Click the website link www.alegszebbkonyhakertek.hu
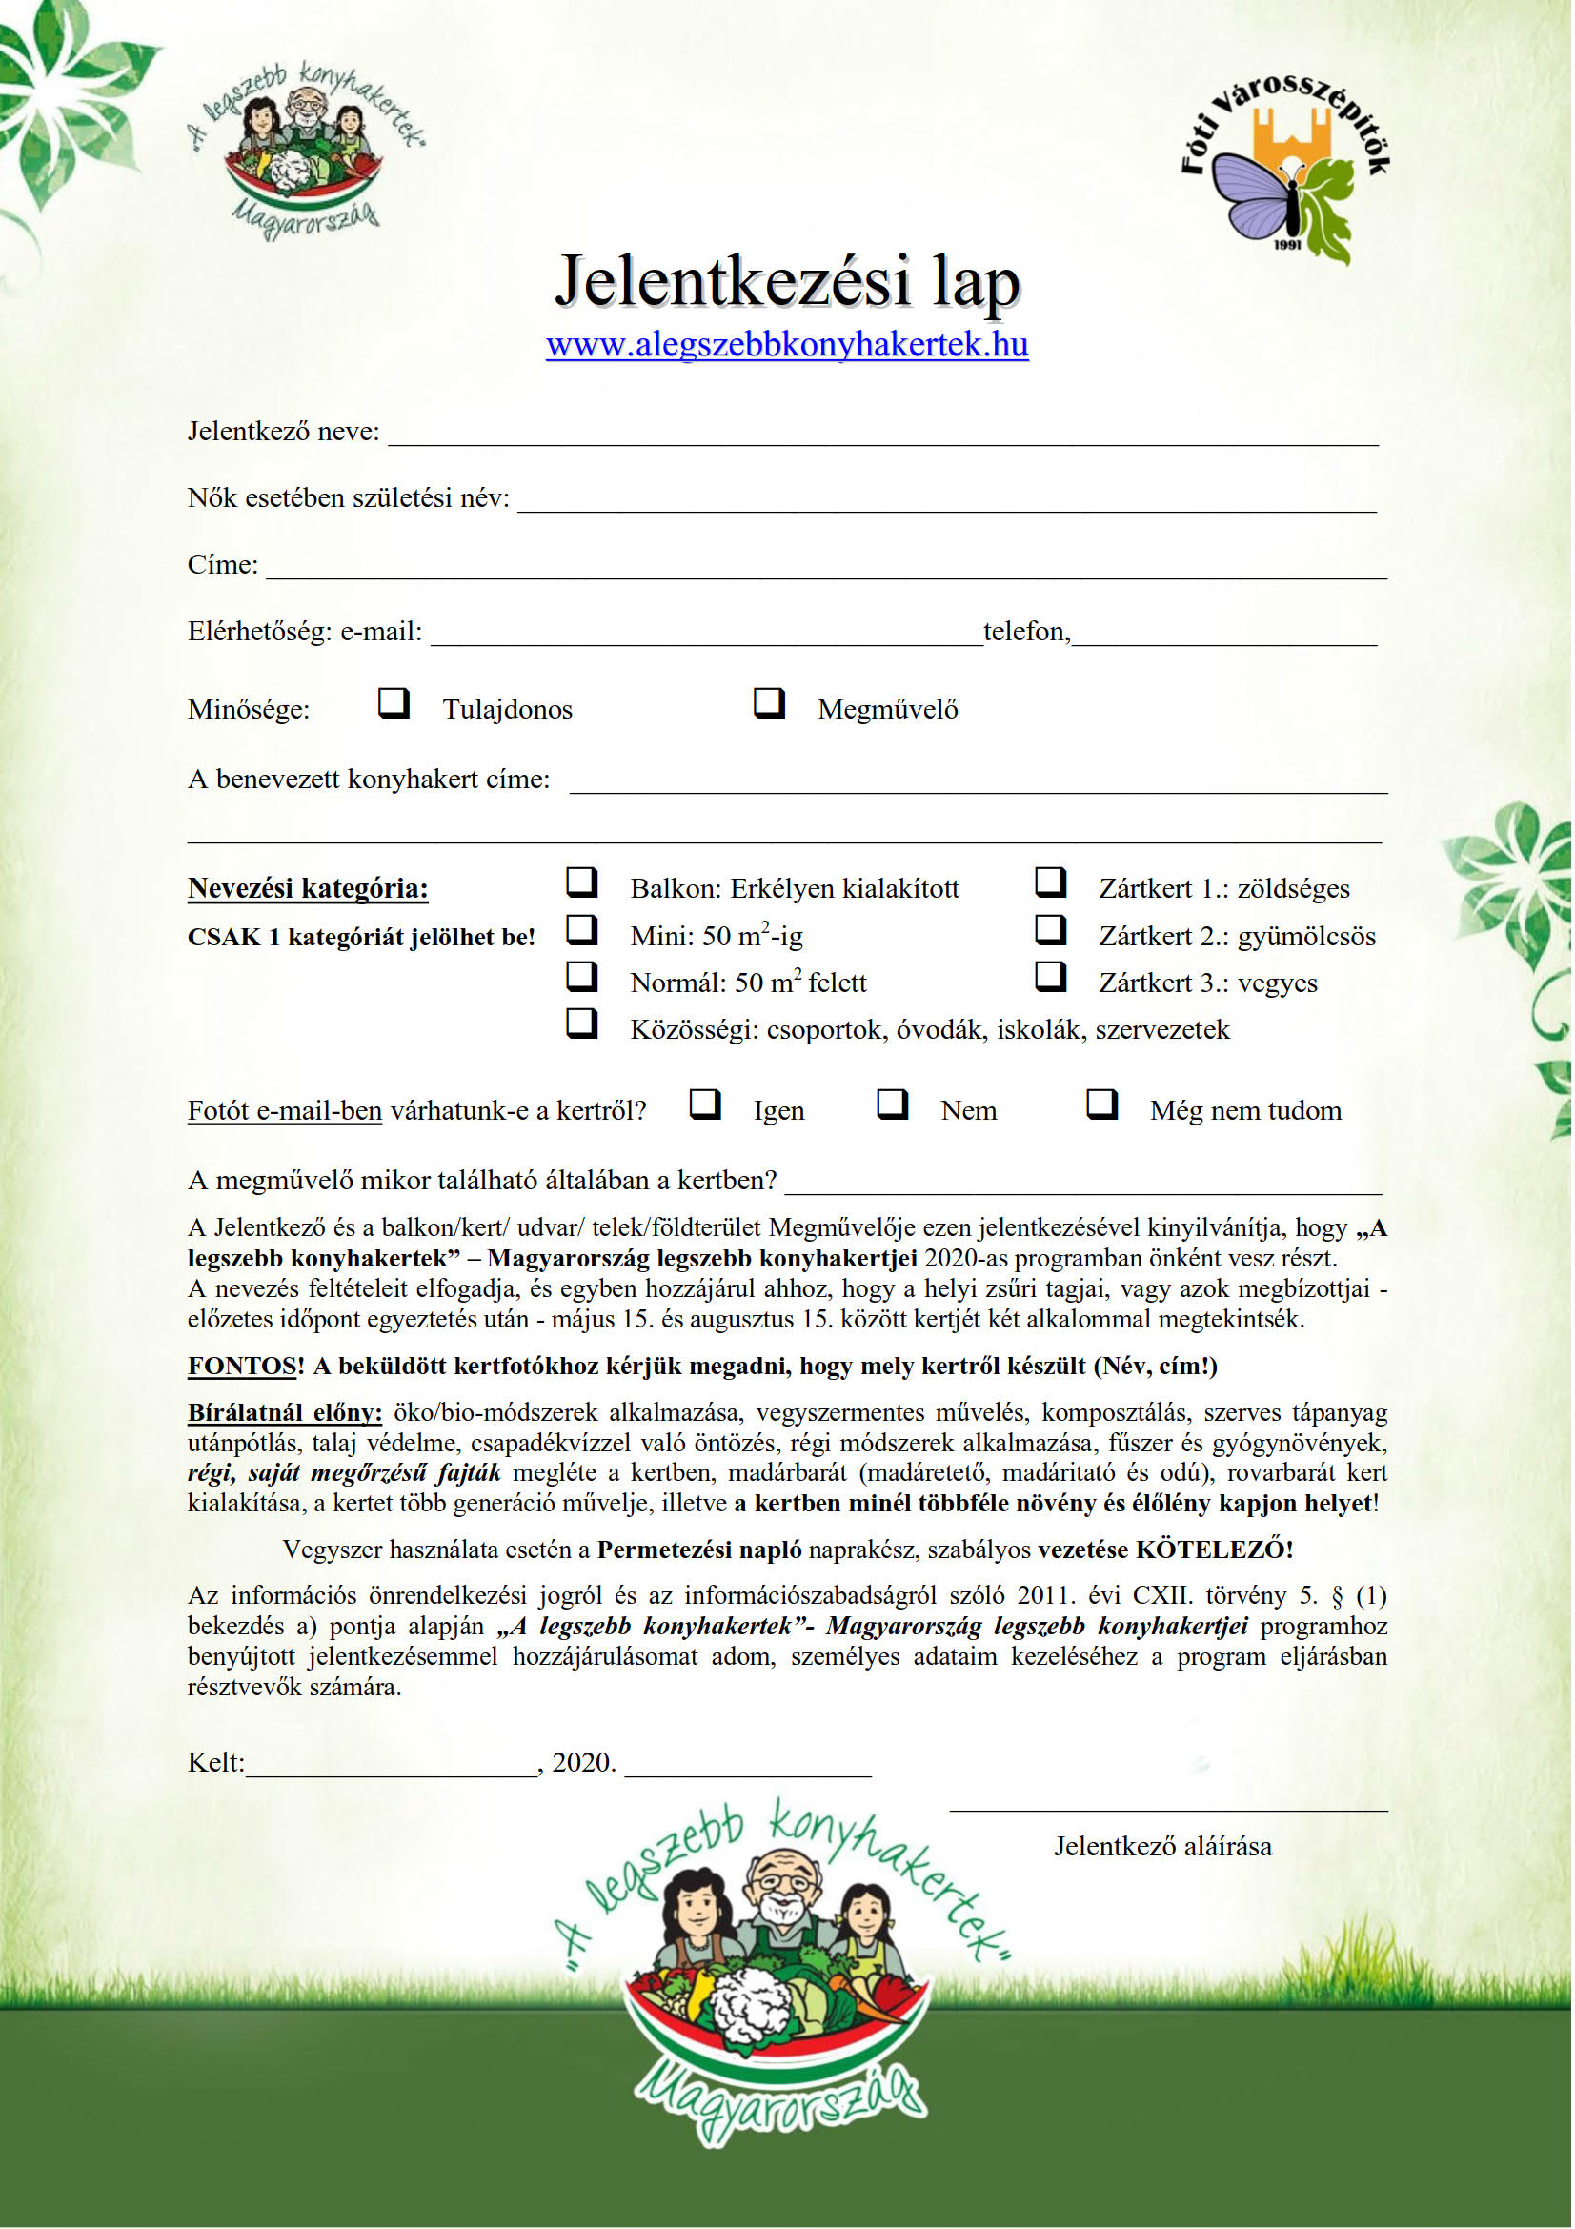(x=787, y=345)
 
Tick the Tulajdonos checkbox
(x=393, y=703)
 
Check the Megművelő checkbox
(x=769, y=703)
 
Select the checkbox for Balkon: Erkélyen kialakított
(x=581, y=882)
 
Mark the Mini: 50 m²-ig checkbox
(x=581, y=930)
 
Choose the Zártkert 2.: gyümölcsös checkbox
(x=1050, y=930)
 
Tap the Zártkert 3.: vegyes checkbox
(x=1050, y=977)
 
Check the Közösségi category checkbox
(x=581, y=1023)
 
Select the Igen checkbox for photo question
(x=704, y=1104)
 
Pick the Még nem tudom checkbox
(x=1101, y=1104)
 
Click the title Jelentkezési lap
(x=787, y=281)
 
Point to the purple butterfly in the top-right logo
(x=1256, y=195)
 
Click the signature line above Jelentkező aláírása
(x=1168, y=1808)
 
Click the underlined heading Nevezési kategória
(x=308, y=888)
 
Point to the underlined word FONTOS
(x=242, y=1366)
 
